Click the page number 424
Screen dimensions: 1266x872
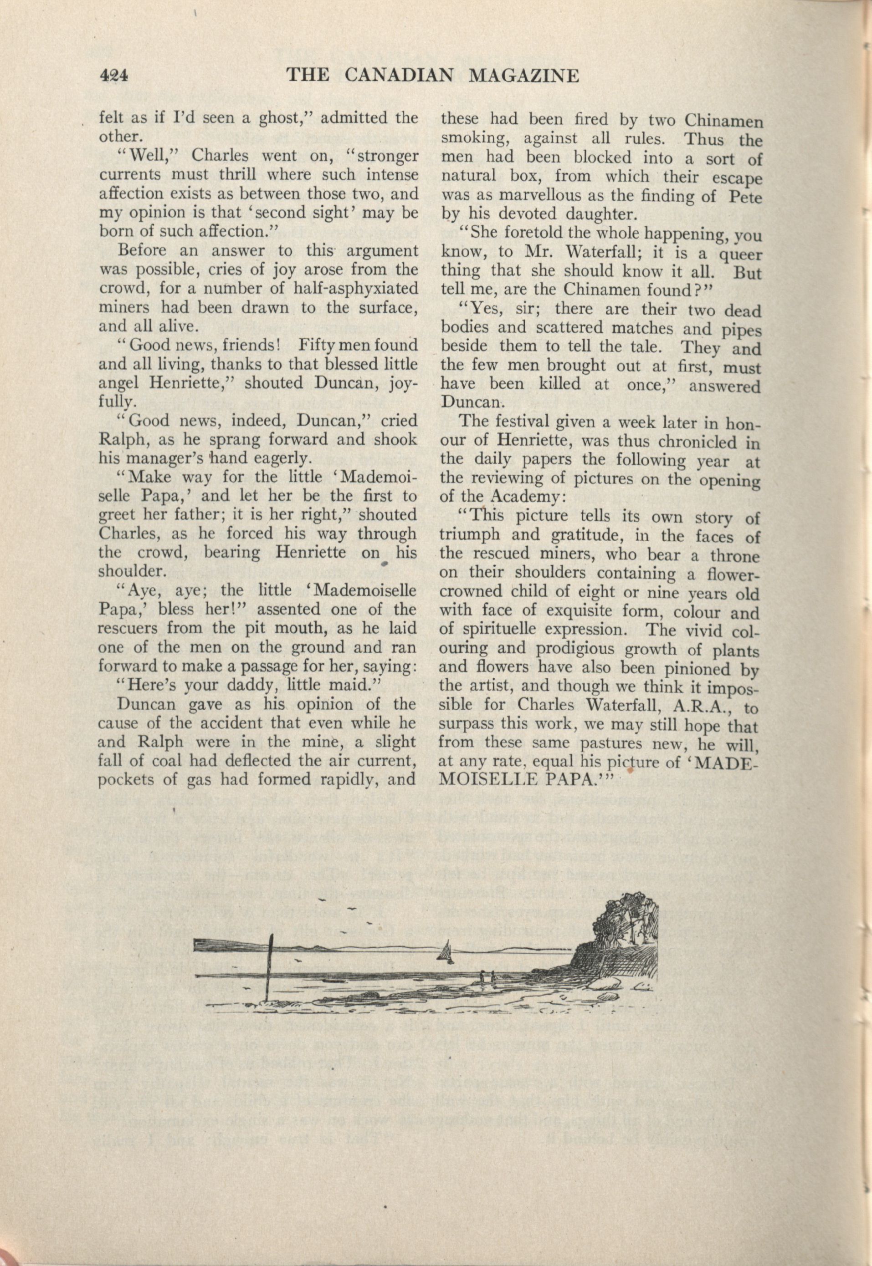pos(113,76)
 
